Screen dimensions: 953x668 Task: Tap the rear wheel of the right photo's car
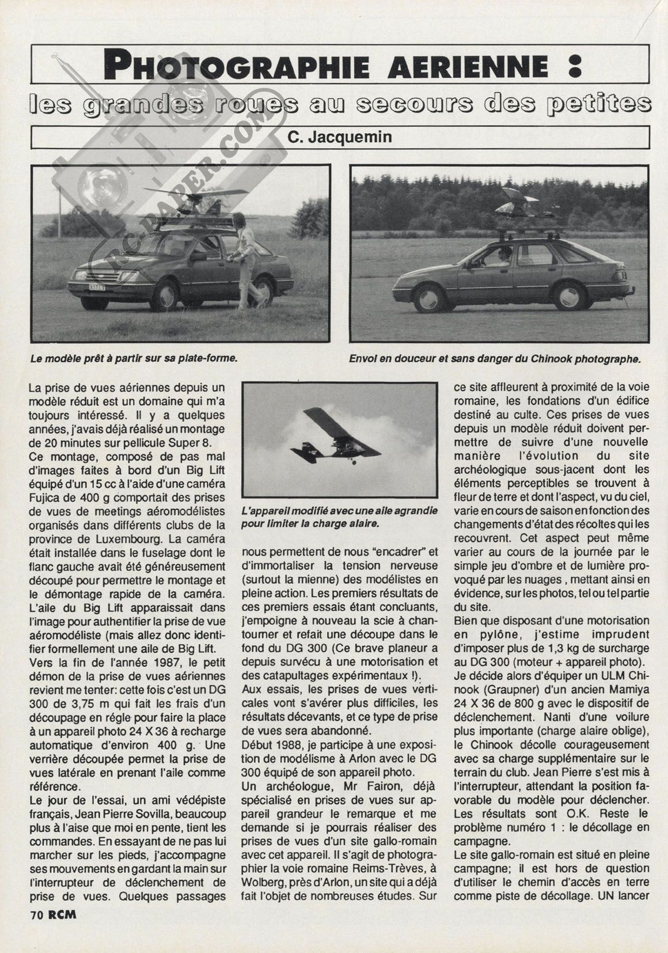568,297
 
